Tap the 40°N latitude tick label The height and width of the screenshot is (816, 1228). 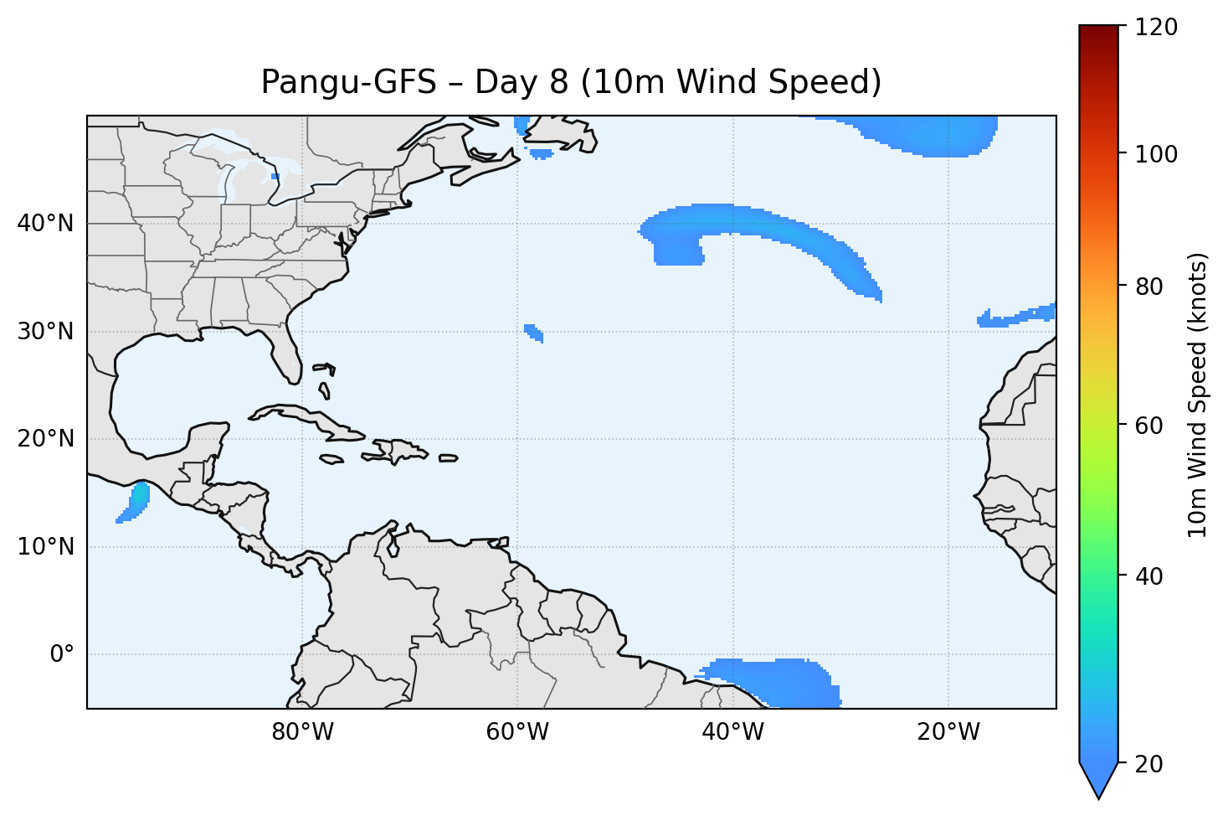pyautogui.click(x=45, y=224)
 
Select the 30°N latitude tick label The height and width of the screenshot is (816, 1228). pyautogui.click(x=45, y=332)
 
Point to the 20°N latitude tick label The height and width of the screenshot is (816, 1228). pyautogui.click(x=45, y=439)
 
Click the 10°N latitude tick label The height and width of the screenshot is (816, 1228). pyautogui.click(x=45, y=547)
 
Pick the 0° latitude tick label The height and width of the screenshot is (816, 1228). pyautogui.click(x=61, y=654)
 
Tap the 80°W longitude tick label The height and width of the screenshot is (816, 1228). pyautogui.click(x=302, y=732)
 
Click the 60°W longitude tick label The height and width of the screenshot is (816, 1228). pyautogui.click(x=517, y=732)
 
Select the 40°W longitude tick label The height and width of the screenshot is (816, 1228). pyautogui.click(x=732, y=732)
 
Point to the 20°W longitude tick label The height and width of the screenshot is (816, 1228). pyautogui.click(x=948, y=732)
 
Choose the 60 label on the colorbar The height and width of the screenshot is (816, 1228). pyautogui.click(x=1153, y=426)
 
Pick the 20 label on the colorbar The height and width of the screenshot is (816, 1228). pyautogui.click(x=1153, y=764)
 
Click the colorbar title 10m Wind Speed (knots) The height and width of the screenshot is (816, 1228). pyautogui.click(x=1198, y=395)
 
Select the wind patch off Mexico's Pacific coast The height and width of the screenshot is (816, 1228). pyautogui.click(x=135, y=503)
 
